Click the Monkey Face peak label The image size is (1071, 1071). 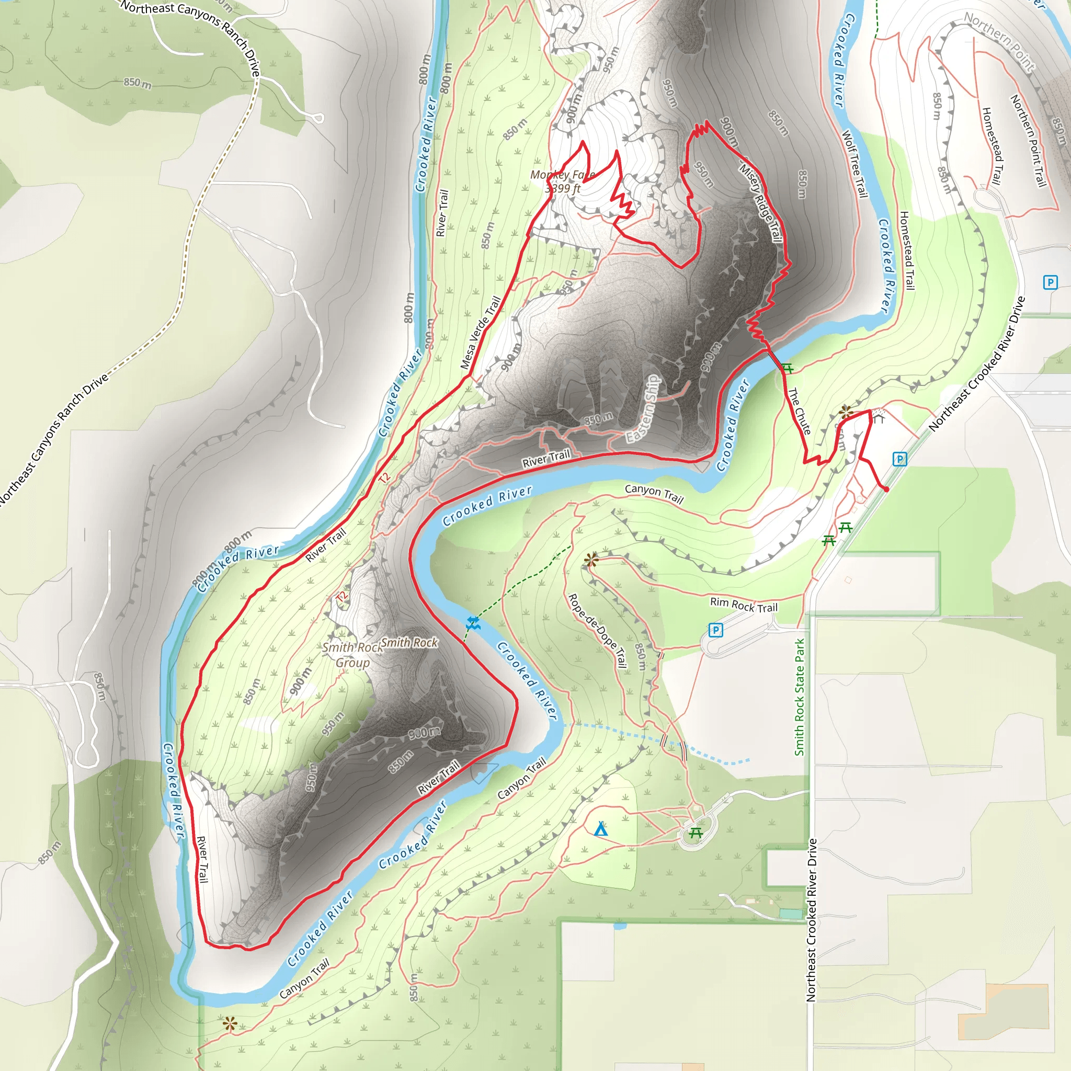click(562, 175)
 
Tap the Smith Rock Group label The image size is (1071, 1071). click(352, 655)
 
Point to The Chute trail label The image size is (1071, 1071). click(800, 411)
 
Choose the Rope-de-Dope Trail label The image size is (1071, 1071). click(597, 631)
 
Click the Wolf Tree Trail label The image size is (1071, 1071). click(854, 164)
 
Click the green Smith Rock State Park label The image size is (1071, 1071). click(799, 697)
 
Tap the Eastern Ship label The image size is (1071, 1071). click(644, 408)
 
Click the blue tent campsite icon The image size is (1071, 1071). click(600, 830)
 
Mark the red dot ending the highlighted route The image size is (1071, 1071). click(886, 489)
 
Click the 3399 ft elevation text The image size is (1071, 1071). click(562, 188)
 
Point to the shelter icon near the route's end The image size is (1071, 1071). click(878, 416)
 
